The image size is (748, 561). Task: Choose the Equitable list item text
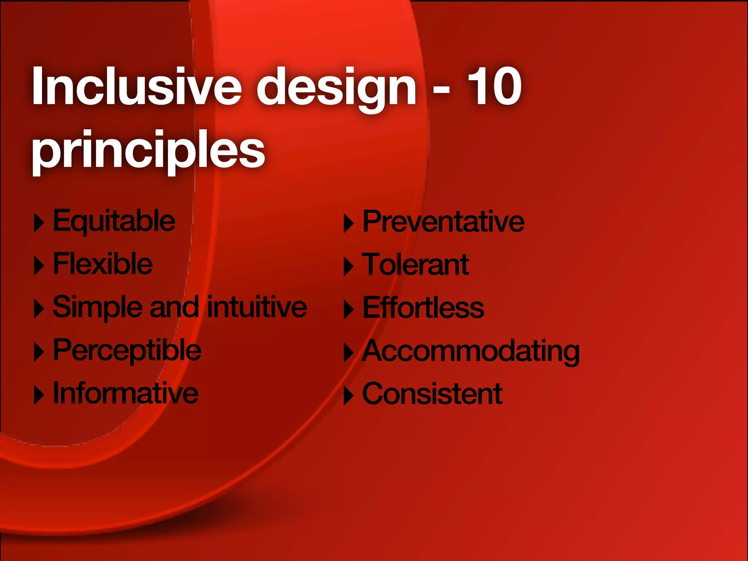click(114, 221)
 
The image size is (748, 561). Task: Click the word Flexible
click(103, 264)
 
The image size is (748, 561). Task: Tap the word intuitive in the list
click(257, 307)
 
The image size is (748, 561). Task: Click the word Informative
click(126, 393)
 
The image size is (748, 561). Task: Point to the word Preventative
click(443, 221)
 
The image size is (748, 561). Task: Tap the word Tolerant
click(416, 265)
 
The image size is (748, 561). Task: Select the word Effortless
click(423, 308)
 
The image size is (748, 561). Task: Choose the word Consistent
click(432, 394)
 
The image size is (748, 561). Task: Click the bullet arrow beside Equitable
click(39, 222)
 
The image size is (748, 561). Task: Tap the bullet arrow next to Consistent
click(348, 396)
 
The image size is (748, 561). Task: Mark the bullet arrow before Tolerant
click(348, 266)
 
